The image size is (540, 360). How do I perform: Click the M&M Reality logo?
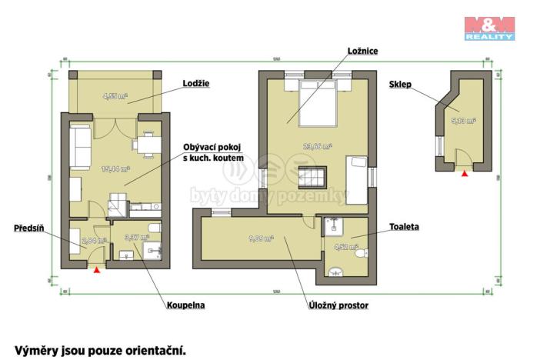point(489,27)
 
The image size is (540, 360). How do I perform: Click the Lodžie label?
point(196,83)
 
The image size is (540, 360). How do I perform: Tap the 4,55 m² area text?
point(115,97)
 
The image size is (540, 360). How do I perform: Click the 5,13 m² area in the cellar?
point(463,121)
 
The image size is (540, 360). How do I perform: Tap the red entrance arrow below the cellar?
point(463,175)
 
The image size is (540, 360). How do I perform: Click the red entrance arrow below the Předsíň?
point(95,268)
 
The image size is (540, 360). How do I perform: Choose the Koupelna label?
point(185,305)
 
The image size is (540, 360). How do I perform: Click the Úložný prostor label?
point(335,305)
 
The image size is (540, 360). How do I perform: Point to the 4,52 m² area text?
point(345,247)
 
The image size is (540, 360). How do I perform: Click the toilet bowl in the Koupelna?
point(152,229)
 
